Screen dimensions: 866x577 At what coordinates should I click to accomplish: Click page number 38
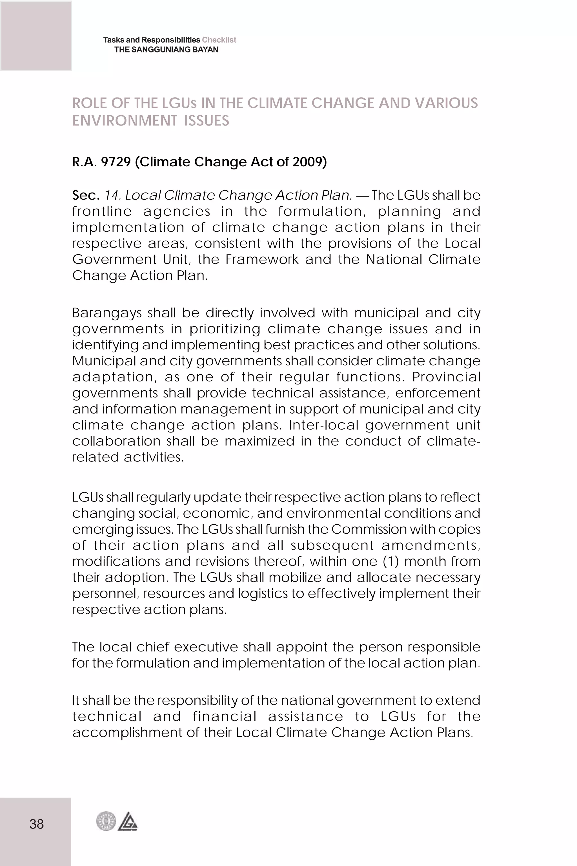pos(36,824)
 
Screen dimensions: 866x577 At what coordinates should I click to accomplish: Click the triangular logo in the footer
pos(128,821)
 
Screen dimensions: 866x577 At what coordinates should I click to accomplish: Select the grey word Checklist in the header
pos(219,40)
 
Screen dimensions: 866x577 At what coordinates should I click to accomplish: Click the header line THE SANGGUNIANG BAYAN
pos(166,50)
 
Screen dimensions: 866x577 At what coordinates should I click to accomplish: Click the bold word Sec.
pos(86,195)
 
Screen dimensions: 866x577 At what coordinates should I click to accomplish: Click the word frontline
pos(102,211)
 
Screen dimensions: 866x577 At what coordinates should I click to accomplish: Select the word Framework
pos(262,260)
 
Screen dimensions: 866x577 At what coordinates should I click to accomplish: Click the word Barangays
pos(107,313)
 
